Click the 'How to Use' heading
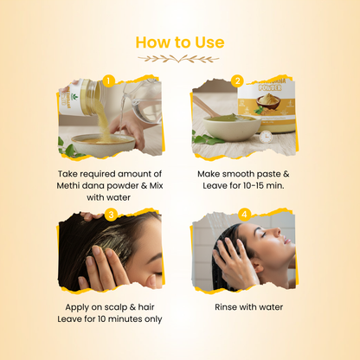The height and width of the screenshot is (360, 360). [180, 42]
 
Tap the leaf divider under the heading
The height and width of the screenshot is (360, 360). [178, 59]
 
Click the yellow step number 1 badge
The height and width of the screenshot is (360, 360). [108, 80]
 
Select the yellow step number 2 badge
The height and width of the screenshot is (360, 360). [237, 81]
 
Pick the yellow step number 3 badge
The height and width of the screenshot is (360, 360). [111, 215]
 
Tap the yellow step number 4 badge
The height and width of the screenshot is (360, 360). [244, 215]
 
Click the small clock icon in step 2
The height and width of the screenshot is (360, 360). [266, 137]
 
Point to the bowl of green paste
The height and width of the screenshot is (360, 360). [232, 126]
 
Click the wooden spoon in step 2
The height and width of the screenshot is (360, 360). [205, 106]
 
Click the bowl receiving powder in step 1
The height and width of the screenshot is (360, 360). [103, 145]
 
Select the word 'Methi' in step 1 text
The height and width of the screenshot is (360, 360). [67, 185]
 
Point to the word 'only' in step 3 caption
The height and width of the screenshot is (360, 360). [152, 319]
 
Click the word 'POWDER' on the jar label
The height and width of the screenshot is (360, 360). [269, 87]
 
